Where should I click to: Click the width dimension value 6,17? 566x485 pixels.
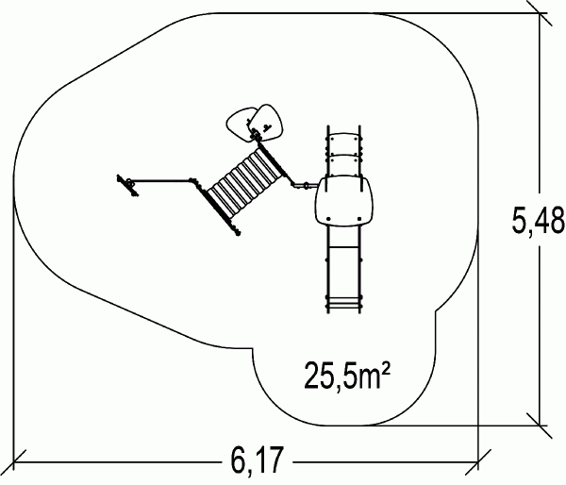tap(257, 461)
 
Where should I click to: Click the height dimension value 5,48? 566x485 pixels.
tap(538, 220)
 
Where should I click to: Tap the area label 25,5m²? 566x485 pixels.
tap(347, 376)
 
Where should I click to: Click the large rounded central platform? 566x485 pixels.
tap(343, 201)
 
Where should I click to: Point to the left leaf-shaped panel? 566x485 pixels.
tap(239, 125)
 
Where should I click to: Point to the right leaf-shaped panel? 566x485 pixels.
tap(268, 123)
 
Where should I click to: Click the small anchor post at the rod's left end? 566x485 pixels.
tap(128, 185)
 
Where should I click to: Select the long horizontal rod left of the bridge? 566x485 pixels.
tap(161, 180)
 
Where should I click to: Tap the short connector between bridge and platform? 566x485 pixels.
tap(305, 186)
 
